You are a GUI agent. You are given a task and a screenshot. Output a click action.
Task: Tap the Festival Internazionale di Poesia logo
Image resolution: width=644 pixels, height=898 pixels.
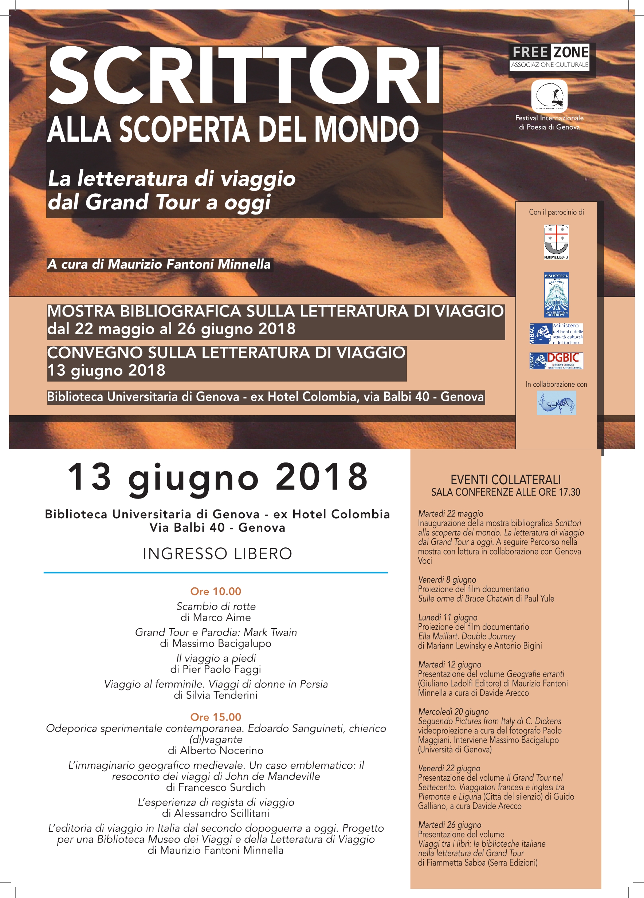coord(549,96)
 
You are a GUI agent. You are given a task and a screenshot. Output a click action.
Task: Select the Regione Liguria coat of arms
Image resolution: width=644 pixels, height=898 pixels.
coord(556,241)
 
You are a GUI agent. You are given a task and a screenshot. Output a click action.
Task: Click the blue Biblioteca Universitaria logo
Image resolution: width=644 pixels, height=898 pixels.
coord(556,295)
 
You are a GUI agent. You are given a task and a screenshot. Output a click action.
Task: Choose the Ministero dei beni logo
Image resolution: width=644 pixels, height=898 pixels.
coord(556,334)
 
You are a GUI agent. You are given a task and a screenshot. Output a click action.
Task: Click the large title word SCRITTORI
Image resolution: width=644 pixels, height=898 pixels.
coord(244,76)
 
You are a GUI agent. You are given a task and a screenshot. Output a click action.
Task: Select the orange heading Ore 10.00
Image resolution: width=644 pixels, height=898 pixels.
coord(216,591)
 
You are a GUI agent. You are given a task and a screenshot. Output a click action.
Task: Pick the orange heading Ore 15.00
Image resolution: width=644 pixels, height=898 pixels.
coord(216,717)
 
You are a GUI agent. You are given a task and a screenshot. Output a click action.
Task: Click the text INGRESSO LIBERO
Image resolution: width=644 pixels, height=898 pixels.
coord(217,554)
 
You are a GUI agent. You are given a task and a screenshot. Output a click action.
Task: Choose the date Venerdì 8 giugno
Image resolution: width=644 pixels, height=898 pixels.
coord(447,580)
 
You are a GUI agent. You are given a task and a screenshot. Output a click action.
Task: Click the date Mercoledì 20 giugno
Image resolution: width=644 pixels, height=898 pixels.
coord(453,712)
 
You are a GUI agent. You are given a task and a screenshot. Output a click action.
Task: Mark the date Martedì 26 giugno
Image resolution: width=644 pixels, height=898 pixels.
coord(449,825)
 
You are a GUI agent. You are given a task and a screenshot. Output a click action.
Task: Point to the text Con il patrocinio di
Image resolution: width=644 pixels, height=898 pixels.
coord(556,212)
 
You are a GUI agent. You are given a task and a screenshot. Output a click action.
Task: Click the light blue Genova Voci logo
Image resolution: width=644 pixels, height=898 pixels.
coord(556,403)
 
